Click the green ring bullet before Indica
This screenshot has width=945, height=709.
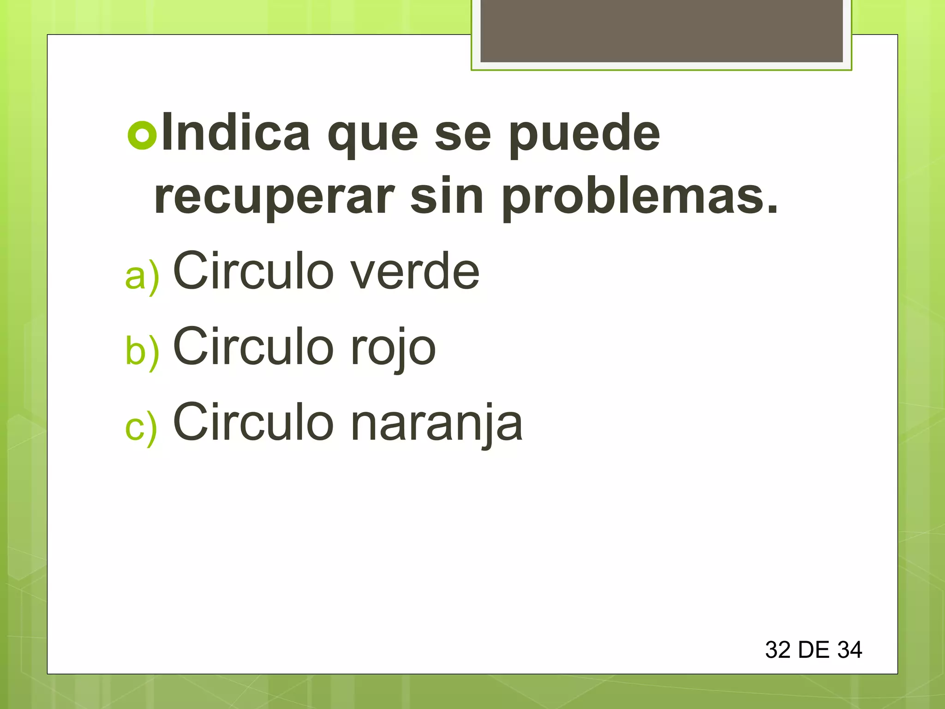[142, 135]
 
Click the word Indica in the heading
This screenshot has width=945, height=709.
[236, 133]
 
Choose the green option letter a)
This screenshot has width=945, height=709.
[142, 276]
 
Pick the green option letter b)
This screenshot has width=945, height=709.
[142, 351]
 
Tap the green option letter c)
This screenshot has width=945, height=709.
[141, 427]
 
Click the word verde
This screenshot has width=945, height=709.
[415, 272]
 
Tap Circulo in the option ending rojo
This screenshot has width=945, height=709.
[253, 347]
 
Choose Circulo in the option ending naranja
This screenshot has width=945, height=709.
[253, 422]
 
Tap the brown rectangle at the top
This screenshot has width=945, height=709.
[661, 31]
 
